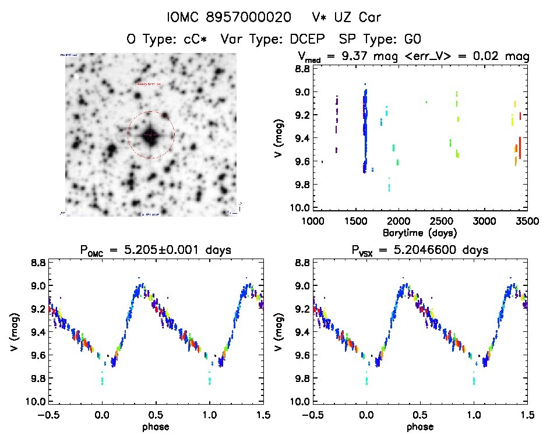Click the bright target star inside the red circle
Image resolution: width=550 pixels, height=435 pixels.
pos(151,135)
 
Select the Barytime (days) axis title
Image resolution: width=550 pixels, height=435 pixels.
pos(420,232)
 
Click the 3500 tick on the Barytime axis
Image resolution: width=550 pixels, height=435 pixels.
pos(527,222)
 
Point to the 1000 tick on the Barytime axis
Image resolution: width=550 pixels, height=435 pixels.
pos(313,222)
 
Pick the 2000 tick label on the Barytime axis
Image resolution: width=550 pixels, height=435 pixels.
pos(399,222)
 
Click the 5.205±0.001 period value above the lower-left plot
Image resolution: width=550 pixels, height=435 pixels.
pos(178,250)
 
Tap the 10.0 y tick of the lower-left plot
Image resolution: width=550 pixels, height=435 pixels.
pos(38,402)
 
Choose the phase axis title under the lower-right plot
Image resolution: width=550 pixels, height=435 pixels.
pos(420,426)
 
